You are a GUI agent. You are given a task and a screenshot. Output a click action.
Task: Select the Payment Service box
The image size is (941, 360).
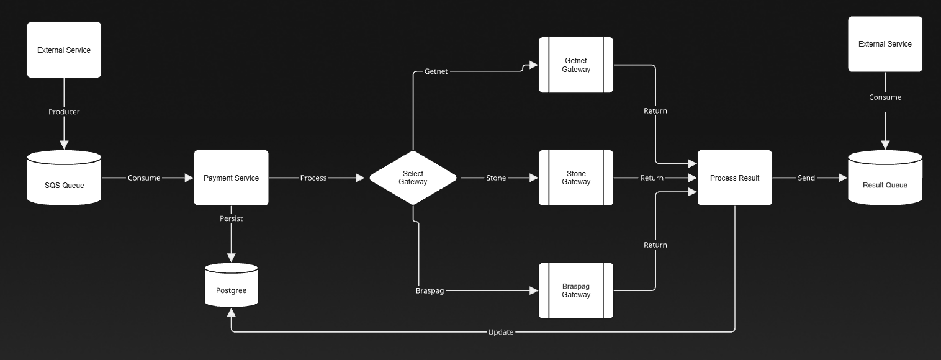(231, 178)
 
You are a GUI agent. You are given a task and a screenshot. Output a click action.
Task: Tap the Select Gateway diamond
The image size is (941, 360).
(413, 178)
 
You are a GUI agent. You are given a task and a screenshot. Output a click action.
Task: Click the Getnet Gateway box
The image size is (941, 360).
(576, 65)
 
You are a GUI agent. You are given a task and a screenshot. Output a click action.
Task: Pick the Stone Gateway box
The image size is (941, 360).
(576, 178)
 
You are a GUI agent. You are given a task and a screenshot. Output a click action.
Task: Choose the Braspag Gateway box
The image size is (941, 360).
(576, 290)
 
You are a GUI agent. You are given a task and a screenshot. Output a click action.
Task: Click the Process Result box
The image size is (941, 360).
(734, 178)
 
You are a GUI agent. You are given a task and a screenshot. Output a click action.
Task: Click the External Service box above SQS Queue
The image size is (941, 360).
(64, 50)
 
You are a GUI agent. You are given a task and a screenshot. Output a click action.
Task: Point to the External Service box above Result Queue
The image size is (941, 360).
(885, 44)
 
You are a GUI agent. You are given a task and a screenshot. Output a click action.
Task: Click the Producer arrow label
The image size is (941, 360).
(64, 112)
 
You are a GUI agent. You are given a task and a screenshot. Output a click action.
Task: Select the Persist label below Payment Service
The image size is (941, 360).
(231, 218)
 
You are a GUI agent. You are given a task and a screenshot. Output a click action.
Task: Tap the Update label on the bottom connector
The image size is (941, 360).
(500, 332)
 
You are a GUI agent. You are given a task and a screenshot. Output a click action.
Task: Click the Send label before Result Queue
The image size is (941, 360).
(806, 178)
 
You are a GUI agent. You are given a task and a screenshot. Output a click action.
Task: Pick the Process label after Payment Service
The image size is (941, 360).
(313, 178)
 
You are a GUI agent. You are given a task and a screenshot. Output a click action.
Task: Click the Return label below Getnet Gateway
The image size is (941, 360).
(655, 110)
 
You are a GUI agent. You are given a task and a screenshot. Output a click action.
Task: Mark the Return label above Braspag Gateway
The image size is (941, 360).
(655, 245)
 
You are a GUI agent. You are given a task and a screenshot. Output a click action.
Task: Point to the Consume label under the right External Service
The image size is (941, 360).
(885, 97)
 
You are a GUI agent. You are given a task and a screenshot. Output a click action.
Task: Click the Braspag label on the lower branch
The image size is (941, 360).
(430, 290)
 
